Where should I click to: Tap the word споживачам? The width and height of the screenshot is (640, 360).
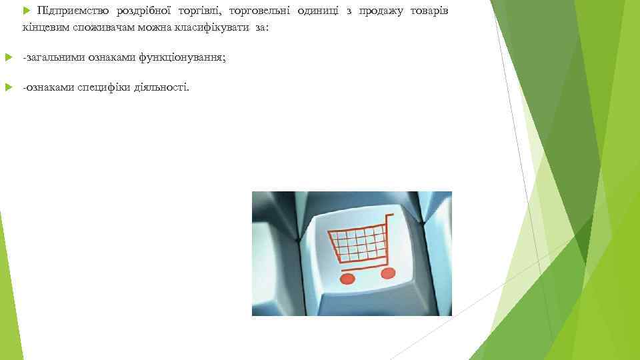click(x=103, y=30)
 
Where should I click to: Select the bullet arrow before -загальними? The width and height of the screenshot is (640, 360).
click(x=8, y=58)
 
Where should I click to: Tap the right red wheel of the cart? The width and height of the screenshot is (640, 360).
click(x=387, y=273)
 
